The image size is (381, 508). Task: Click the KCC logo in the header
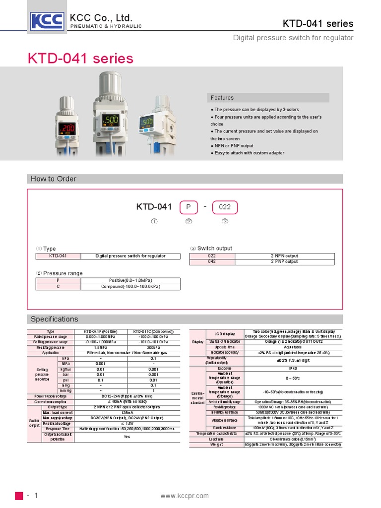[x=47, y=21]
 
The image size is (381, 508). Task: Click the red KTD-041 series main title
[x=80, y=59]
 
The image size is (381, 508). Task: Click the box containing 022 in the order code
[x=225, y=207]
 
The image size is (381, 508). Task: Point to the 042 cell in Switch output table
[x=212, y=261]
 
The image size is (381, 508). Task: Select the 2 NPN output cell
[x=284, y=256]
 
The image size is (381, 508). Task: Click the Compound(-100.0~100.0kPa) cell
[x=130, y=287]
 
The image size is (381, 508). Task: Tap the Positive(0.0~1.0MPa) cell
[x=130, y=281]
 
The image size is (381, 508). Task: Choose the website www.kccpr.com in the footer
[x=185, y=496]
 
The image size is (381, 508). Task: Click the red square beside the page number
[x=19, y=496]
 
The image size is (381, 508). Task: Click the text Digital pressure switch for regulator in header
[x=293, y=38]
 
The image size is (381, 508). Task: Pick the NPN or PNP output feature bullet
[x=233, y=146]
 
